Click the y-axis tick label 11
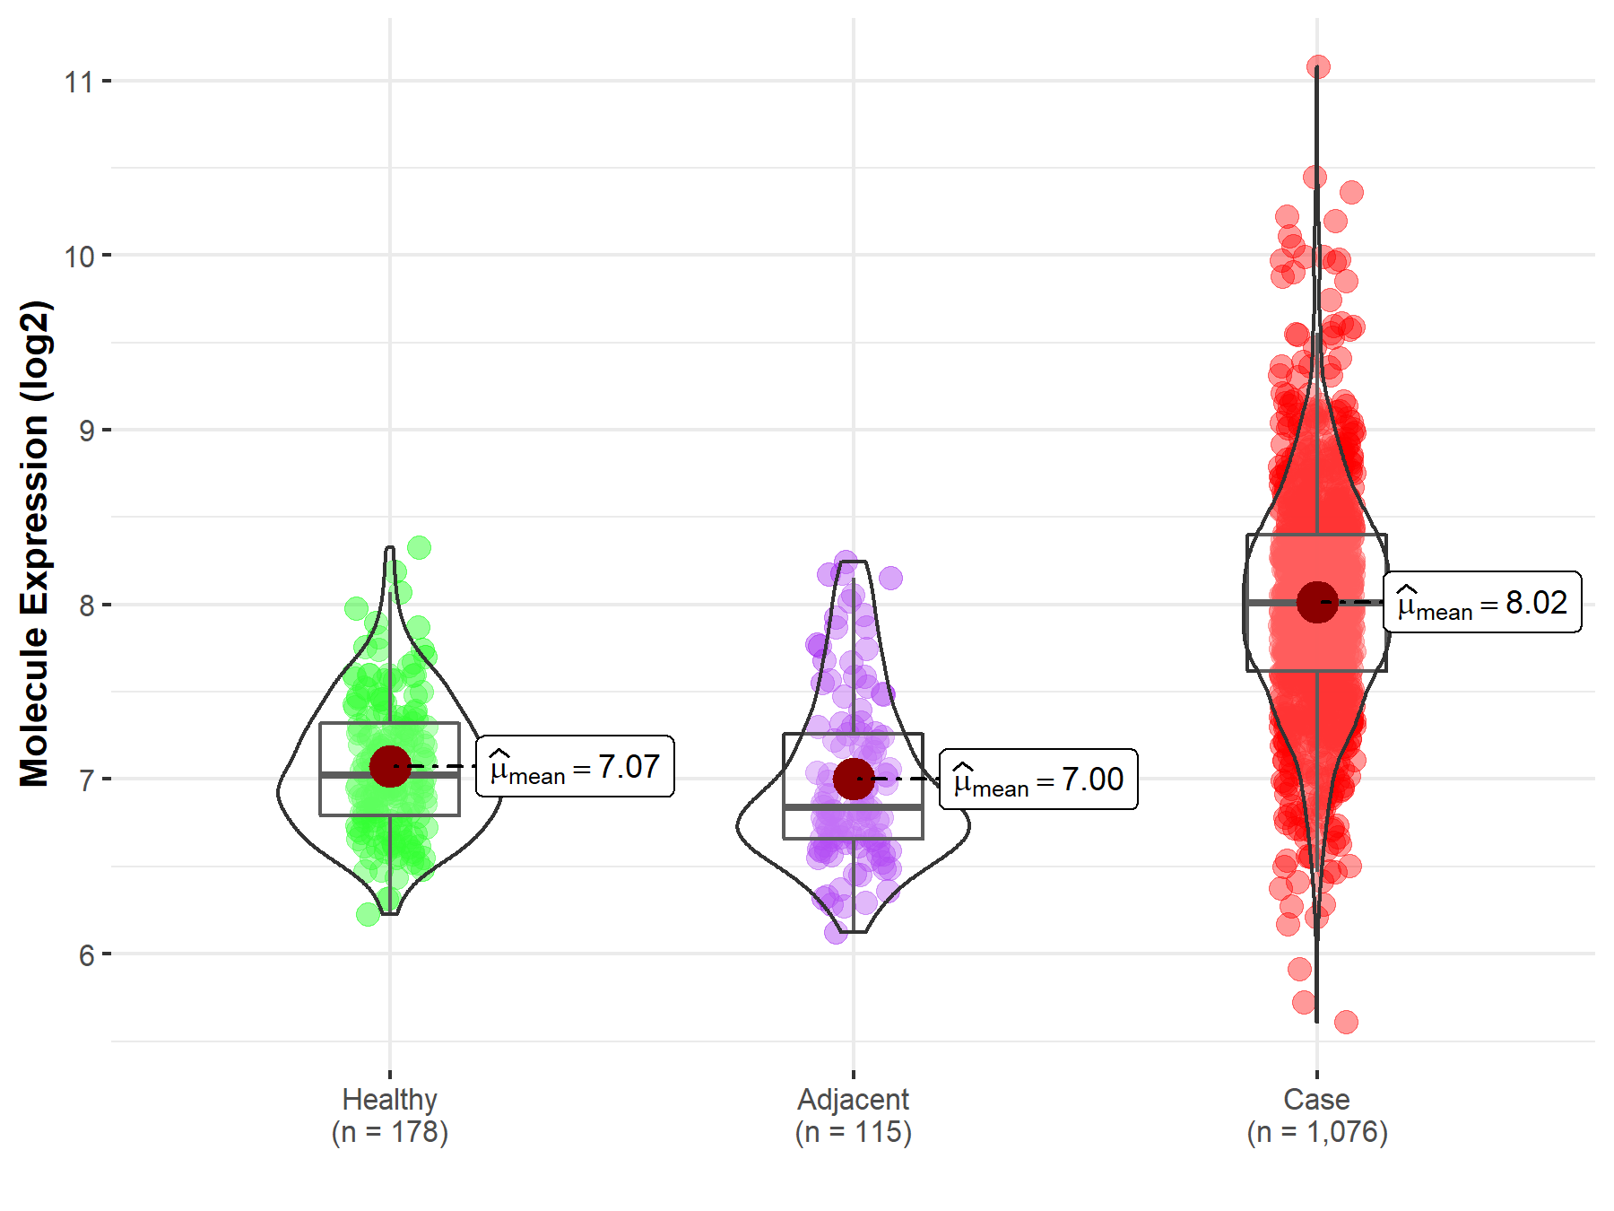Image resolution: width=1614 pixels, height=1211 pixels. click(79, 83)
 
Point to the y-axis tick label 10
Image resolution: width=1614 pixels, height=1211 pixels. click(79, 257)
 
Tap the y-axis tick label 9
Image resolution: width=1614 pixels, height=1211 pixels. click(86, 431)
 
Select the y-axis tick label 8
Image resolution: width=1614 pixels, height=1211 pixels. click(86, 605)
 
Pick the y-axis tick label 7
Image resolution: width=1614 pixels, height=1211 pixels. click(86, 780)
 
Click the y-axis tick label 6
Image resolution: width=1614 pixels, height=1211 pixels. click(86, 955)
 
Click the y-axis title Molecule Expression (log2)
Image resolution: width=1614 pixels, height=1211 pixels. click(34, 544)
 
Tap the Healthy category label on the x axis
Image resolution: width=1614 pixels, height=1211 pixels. click(390, 1099)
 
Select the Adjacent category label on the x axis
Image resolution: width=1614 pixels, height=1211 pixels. click(853, 1099)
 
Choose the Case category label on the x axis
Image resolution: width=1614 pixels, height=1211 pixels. click(1316, 1099)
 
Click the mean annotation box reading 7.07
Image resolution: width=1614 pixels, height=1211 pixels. click(575, 767)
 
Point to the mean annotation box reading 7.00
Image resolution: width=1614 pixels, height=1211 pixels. click(1038, 780)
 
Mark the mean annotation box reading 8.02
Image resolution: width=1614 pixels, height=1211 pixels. click(1482, 602)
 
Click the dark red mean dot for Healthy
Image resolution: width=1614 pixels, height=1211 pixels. click(390, 766)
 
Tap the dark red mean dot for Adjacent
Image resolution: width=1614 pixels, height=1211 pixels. click(853, 779)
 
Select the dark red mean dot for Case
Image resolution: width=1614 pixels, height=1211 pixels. click(1316, 601)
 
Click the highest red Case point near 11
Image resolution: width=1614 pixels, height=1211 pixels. click(1318, 66)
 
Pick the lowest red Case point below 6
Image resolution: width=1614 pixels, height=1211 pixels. click(1346, 1022)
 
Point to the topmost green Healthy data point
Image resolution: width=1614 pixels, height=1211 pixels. click(419, 547)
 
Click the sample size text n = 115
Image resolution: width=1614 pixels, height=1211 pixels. click(853, 1132)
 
